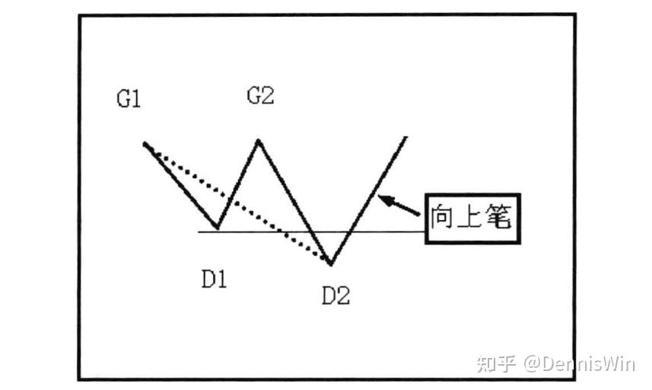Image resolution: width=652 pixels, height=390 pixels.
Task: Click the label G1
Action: (x=129, y=100)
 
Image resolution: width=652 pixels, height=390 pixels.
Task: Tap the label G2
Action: (x=260, y=97)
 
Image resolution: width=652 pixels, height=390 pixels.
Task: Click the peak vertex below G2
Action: (x=259, y=140)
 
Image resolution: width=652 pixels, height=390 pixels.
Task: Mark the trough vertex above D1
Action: (x=218, y=227)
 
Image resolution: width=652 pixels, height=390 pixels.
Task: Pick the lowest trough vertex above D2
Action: (x=331, y=264)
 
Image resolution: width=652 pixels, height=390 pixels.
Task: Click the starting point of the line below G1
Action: (x=144, y=142)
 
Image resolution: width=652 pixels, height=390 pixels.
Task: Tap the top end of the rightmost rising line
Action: (x=406, y=138)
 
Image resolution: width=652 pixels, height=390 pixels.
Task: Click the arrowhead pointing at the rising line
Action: (x=383, y=199)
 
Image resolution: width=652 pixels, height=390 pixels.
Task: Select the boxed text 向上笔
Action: (x=472, y=218)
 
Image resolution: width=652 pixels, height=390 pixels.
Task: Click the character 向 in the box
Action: (x=443, y=218)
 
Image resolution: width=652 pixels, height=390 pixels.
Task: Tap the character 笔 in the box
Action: (x=502, y=218)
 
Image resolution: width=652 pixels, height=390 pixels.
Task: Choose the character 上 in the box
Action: (x=472, y=218)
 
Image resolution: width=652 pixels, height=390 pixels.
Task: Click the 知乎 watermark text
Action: (x=496, y=363)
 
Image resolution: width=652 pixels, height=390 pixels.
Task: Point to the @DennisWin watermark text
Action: (x=578, y=363)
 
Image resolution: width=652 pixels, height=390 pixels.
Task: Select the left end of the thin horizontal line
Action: (x=199, y=231)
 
